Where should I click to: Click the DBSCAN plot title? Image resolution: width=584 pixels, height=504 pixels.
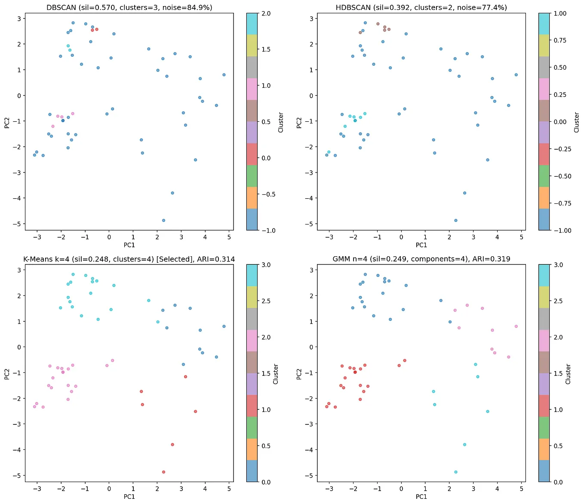tap(129, 7)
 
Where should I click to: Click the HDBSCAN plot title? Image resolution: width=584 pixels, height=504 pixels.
tap(421, 7)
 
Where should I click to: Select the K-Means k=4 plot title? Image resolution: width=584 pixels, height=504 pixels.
tap(129, 259)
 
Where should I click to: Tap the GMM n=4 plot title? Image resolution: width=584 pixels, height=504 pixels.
tap(421, 259)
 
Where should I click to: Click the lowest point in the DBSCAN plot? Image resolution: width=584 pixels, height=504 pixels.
tap(163, 221)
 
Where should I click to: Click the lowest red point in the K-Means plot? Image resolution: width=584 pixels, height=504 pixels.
tap(163, 472)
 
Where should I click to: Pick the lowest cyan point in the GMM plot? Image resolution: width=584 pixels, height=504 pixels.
tap(456, 472)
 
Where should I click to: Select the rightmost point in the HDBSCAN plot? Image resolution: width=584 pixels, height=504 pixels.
tap(516, 75)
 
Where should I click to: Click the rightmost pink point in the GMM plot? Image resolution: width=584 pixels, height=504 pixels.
tap(516, 326)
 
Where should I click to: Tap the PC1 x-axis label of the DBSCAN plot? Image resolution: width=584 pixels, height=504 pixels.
tap(129, 245)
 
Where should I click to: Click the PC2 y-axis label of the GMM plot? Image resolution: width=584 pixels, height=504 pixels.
tap(299, 373)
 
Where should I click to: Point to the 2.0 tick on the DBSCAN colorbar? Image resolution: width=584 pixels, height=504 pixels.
tap(266, 14)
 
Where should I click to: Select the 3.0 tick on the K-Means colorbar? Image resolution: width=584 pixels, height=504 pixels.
tap(266, 265)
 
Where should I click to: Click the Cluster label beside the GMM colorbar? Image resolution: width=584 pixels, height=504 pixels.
tap(568, 373)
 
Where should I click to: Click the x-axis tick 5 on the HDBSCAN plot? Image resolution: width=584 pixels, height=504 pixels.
tap(522, 237)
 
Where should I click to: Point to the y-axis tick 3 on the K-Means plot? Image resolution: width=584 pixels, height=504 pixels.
tap(19, 270)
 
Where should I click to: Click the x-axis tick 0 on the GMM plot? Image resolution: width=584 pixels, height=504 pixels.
tap(401, 489)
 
